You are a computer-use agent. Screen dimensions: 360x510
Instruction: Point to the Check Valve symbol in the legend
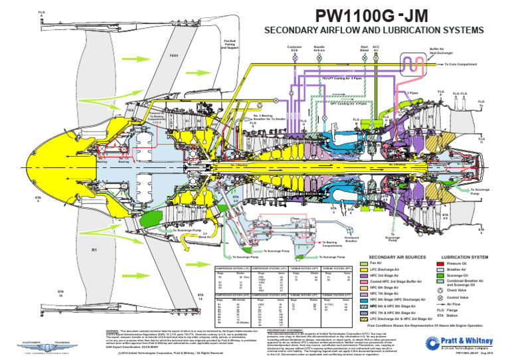(x=433, y=289)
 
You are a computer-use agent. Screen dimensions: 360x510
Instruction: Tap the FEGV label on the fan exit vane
(x=175, y=55)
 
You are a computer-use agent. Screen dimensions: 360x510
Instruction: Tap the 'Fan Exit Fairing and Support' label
(x=231, y=44)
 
